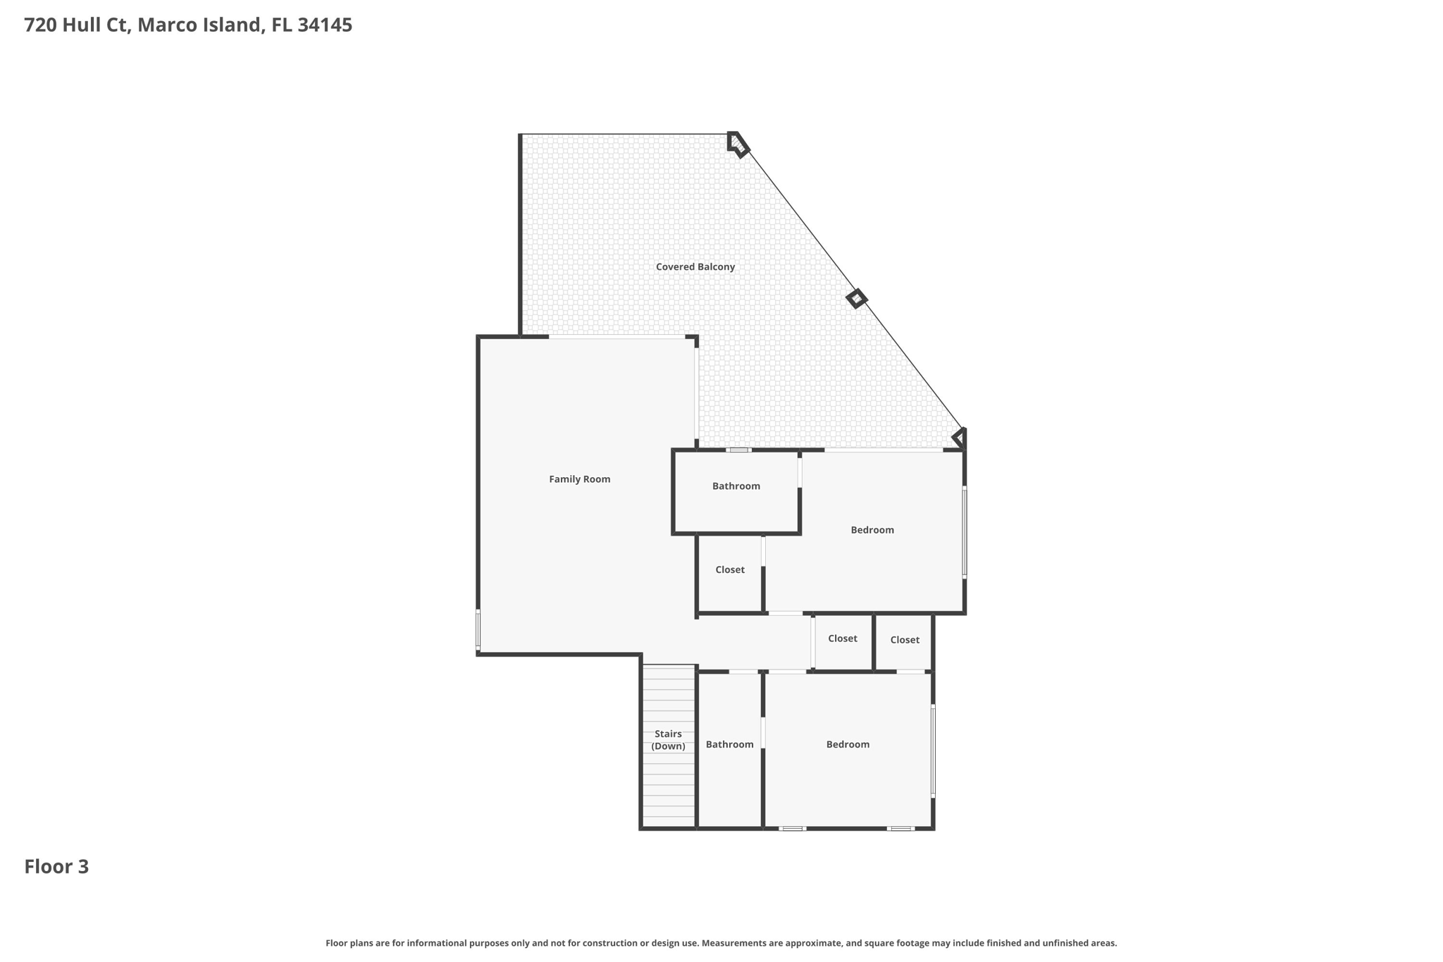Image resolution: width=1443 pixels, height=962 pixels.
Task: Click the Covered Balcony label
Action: point(695,266)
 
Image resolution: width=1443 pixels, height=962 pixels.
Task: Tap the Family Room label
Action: point(579,479)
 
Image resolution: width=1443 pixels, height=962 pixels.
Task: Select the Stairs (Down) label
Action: point(668,740)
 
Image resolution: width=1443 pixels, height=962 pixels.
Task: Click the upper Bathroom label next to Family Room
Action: point(736,486)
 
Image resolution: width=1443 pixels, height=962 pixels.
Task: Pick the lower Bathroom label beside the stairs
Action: point(729,744)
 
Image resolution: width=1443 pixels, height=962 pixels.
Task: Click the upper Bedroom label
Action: point(872,530)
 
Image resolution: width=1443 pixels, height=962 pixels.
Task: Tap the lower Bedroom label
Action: point(848,744)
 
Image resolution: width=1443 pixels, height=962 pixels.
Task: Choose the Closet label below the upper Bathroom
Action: point(729,569)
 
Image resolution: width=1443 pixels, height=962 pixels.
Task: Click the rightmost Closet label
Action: point(904,640)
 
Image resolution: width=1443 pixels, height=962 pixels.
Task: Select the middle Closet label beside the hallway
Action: point(842,639)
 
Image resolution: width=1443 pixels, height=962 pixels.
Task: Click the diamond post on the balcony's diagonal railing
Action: point(856,299)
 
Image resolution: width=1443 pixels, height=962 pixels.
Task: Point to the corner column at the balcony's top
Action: point(737,144)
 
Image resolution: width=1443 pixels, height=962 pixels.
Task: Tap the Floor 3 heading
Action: point(56,867)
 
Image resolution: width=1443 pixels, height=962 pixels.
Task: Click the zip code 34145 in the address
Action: point(325,25)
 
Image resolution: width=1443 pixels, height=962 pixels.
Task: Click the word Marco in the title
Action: point(163,25)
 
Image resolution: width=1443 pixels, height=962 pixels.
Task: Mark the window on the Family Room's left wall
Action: point(478,629)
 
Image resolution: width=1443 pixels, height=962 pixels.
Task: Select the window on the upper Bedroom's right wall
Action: point(964,532)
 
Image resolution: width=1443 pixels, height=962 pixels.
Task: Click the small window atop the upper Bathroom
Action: point(738,450)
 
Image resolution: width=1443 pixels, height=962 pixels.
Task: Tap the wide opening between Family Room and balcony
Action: point(617,338)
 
